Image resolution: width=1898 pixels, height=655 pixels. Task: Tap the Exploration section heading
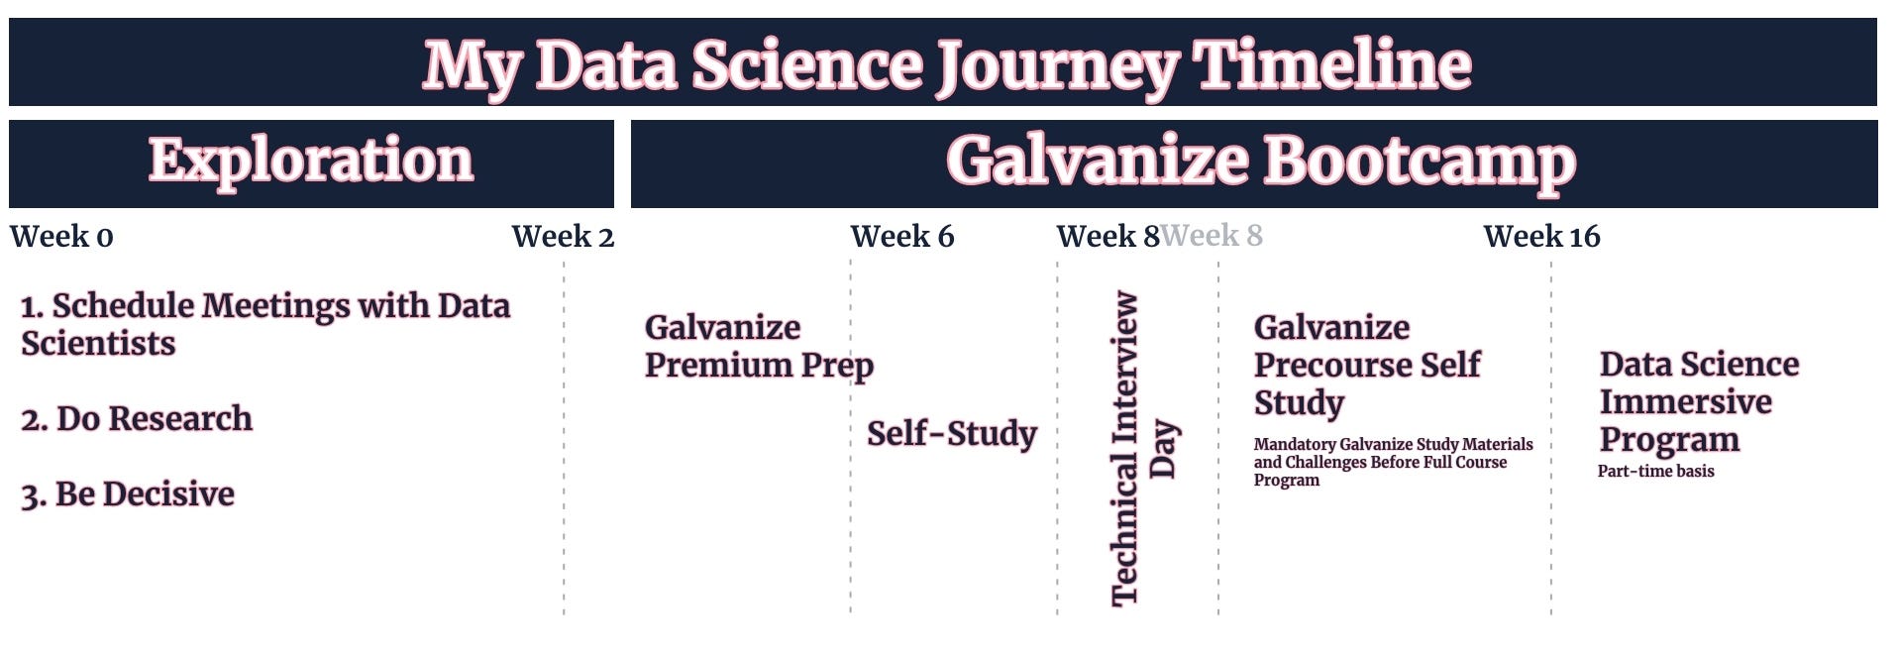tap(311, 161)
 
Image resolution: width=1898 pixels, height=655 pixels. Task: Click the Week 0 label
tap(61, 237)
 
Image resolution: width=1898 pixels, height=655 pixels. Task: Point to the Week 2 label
tap(563, 237)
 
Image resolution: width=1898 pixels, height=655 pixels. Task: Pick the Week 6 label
tap(902, 237)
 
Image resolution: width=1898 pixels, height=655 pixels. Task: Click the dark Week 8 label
tap(1107, 237)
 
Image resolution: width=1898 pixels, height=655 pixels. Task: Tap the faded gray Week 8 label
tap(1212, 237)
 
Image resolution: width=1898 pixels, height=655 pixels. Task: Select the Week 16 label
tap(1541, 237)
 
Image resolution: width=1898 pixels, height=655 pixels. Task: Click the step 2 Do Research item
tap(137, 418)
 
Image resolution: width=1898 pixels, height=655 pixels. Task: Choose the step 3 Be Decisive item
tap(128, 493)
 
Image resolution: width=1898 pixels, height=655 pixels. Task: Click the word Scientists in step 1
tap(98, 343)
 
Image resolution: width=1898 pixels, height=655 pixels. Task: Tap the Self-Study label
tap(952, 433)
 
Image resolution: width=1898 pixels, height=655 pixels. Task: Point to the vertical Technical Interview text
tap(1124, 448)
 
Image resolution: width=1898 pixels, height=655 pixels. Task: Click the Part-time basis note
tap(1655, 471)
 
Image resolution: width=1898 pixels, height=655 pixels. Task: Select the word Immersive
tap(1685, 401)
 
